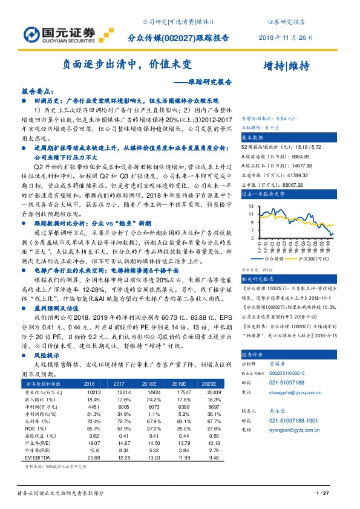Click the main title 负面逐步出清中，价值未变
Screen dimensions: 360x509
[128, 63]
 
